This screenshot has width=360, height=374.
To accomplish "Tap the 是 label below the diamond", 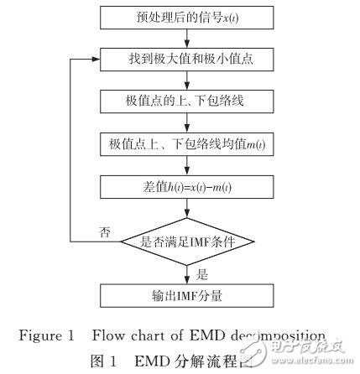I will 201,272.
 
